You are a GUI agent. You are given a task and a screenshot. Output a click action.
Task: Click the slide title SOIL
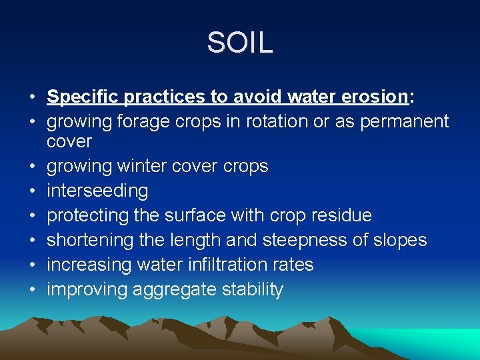[x=240, y=43]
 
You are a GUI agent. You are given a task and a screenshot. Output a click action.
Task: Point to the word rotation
[x=277, y=122]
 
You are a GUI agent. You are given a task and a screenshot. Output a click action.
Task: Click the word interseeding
[x=97, y=191]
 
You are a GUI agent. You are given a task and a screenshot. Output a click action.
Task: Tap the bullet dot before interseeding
[x=32, y=191]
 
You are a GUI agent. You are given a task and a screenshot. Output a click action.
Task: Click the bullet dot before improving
[x=32, y=290]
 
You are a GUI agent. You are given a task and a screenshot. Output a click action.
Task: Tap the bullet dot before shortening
[x=32, y=241]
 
